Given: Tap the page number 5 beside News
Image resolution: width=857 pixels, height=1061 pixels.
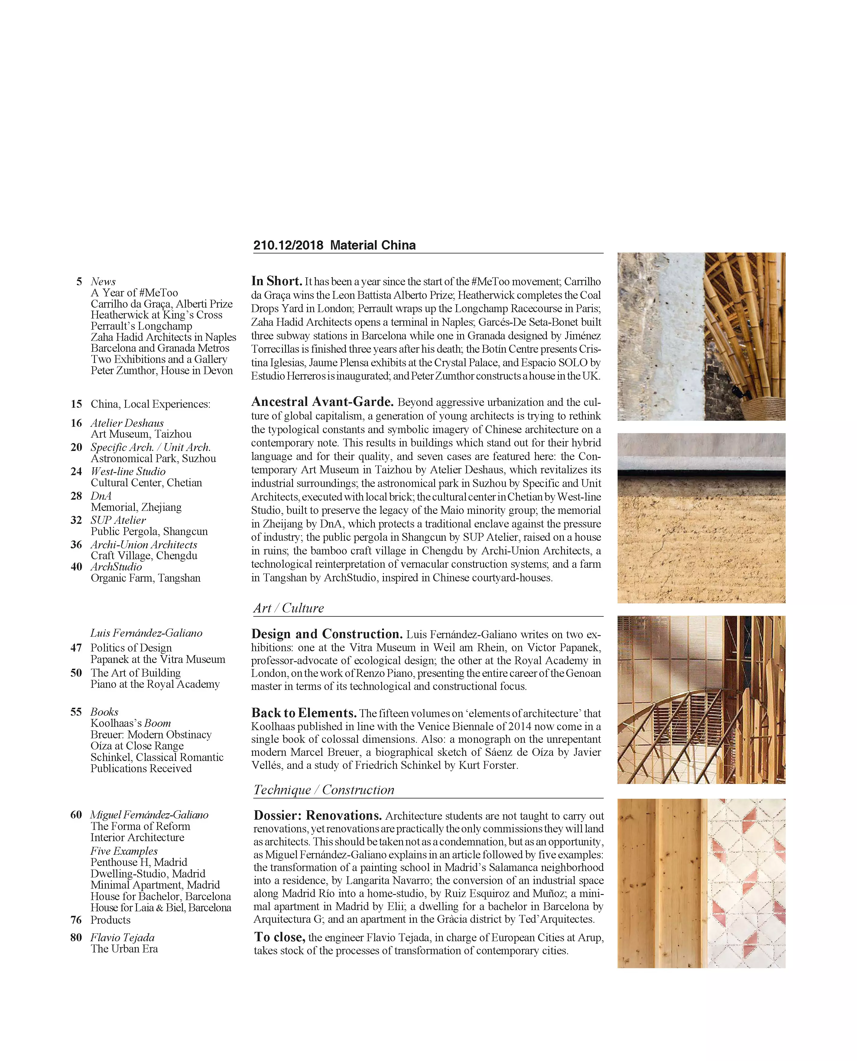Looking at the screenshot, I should [x=79, y=282].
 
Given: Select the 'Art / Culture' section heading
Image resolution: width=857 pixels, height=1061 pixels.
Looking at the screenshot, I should [x=288, y=608].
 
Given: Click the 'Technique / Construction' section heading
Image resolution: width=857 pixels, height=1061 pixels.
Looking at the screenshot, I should [x=324, y=790].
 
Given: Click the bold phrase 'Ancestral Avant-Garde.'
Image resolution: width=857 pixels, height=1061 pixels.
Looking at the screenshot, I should [x=322, y=402].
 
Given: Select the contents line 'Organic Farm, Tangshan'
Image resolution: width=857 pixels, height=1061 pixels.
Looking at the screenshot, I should [x=146, y=578].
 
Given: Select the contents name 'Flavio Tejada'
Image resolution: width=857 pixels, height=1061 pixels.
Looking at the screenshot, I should [x=122, y=938].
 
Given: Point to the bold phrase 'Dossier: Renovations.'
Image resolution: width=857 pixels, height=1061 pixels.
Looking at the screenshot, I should [x=317, y=815].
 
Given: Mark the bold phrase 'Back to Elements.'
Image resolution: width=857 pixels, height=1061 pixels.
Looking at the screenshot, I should [x=304, y=713].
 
